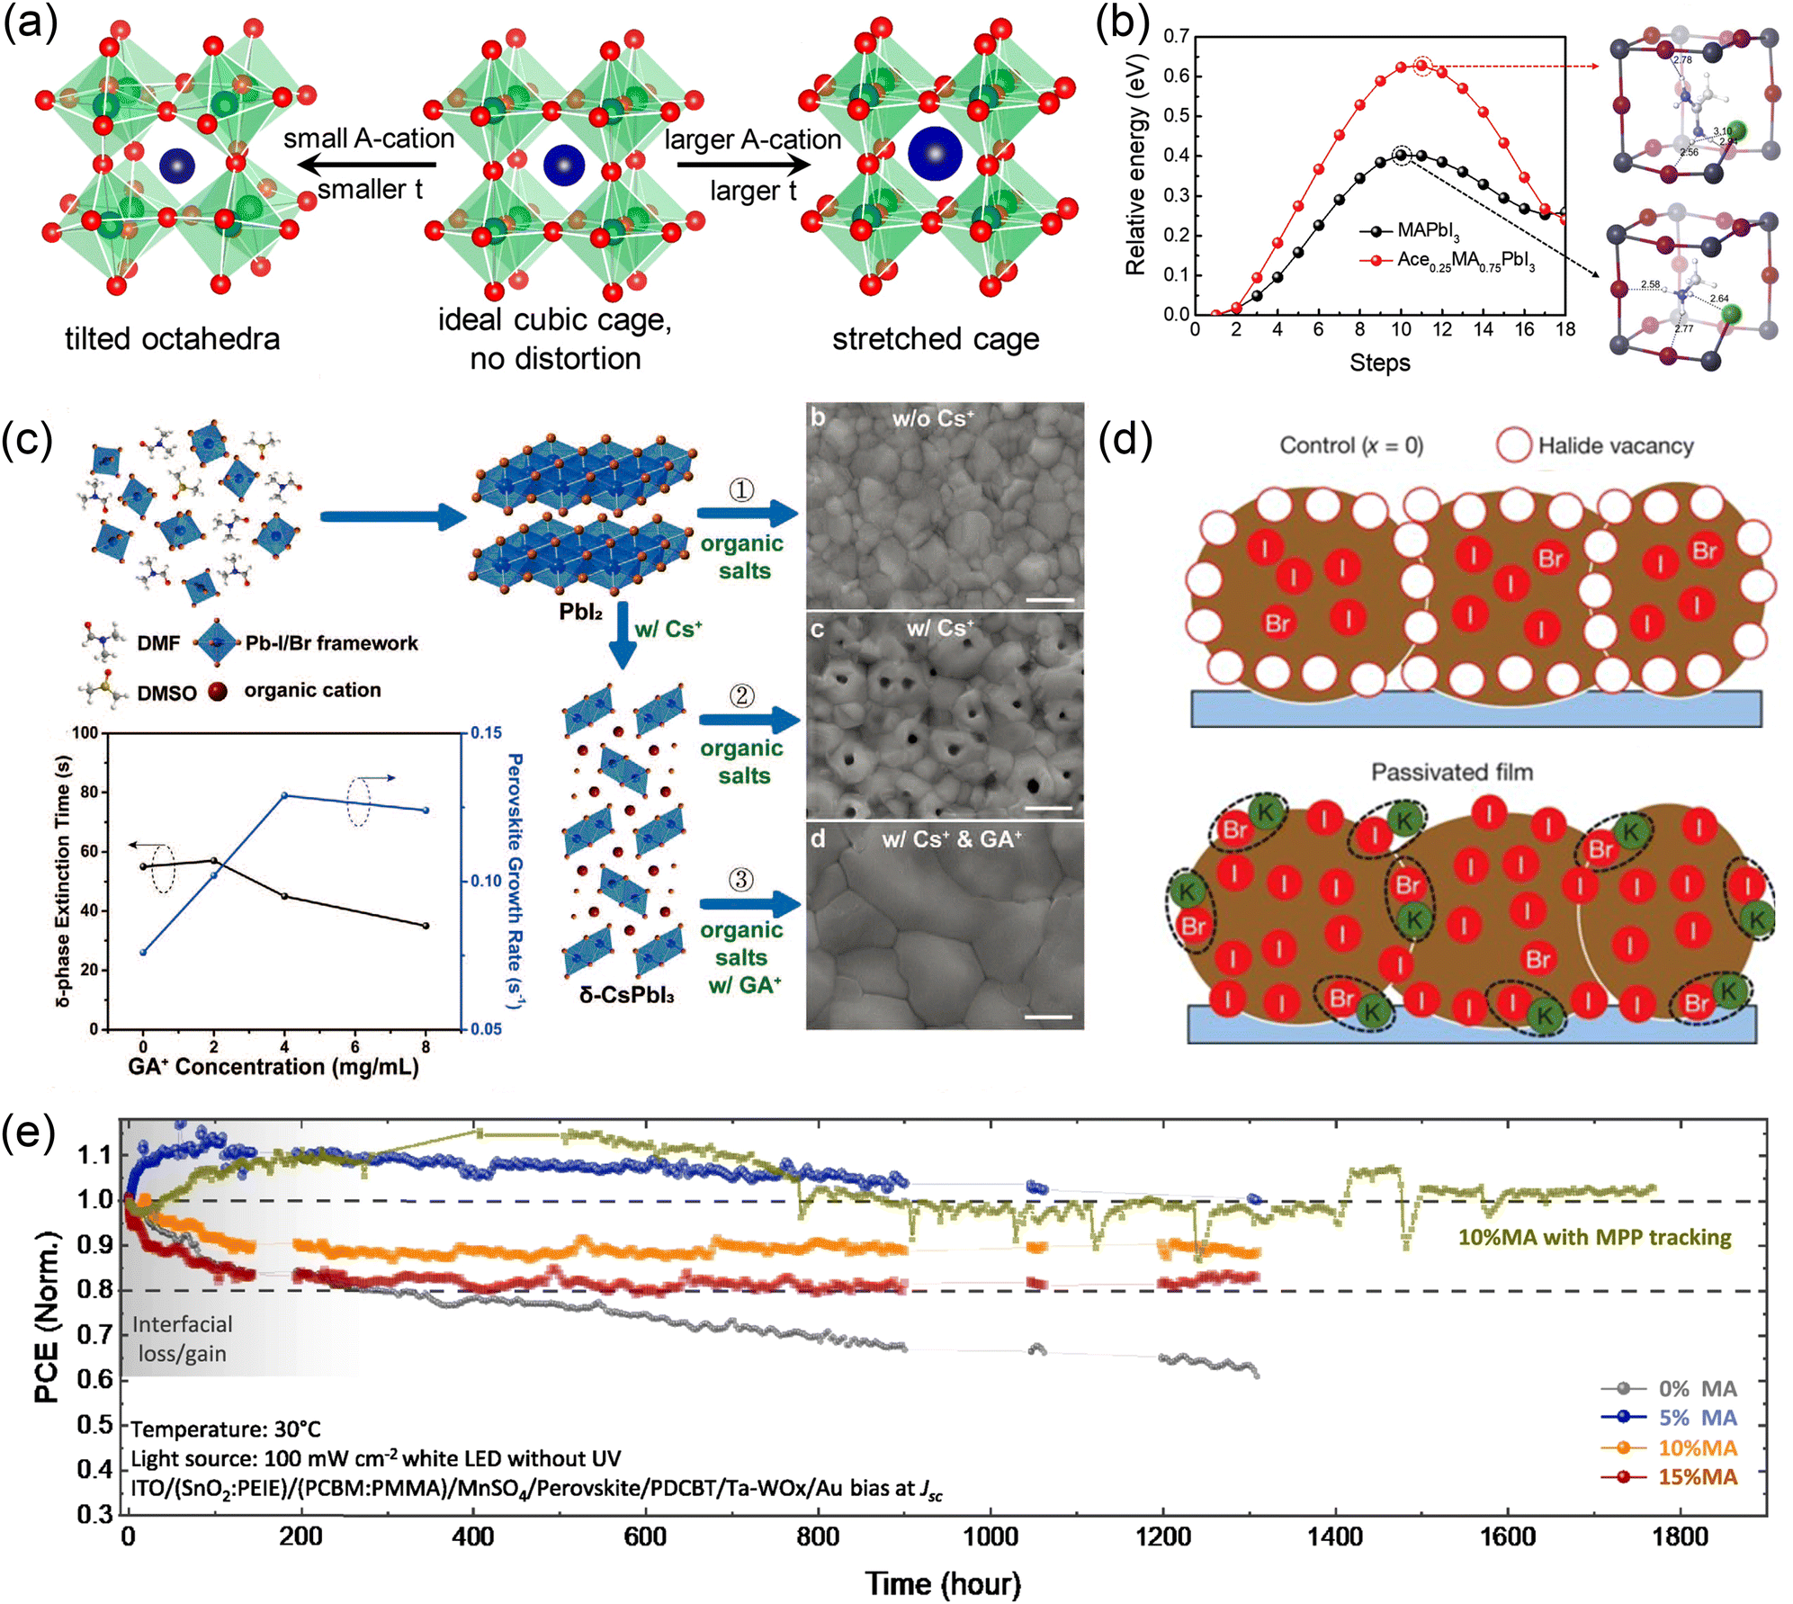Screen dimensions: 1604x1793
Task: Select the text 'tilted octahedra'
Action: (172, 339)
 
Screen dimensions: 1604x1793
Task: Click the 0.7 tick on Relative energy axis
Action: (1177, 36)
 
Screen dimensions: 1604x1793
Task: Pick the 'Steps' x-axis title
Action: (1379, 363)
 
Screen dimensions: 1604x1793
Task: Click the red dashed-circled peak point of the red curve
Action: (1421, 66)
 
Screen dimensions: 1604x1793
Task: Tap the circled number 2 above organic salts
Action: (741, 695)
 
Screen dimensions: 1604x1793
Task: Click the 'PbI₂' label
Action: (580, 612)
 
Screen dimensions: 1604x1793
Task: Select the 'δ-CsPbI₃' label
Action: (627, 995)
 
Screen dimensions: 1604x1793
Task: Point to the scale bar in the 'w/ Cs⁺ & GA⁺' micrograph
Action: (1048, 1017)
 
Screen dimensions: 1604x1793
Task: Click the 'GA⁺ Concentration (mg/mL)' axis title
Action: (273, 1067)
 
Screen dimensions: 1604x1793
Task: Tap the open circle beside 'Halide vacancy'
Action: (1514, 445)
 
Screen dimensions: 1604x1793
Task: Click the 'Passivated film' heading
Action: (1451, 772)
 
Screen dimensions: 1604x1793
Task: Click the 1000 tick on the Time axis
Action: (990, 1537)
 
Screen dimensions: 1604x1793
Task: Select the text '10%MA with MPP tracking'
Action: (1594, 1237)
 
